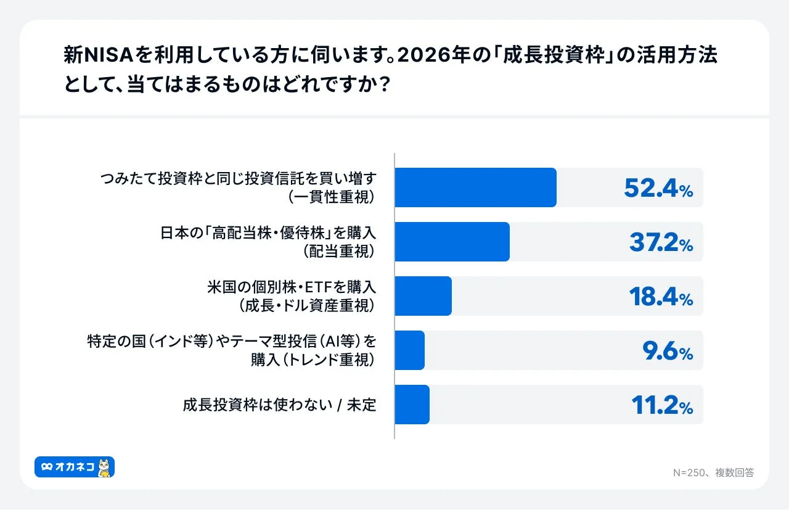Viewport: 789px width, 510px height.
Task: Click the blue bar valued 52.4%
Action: click(x=475, y=187)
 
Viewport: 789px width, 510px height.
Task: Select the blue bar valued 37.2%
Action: click(x=452, y=242)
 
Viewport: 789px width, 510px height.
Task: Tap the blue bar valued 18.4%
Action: click(x=423, y=296)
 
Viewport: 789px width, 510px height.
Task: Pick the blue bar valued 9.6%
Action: click(x=409, y=350)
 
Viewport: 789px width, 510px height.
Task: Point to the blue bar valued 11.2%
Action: click(x=412, y=405)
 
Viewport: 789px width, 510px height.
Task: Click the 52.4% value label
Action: click(x=658, y=188)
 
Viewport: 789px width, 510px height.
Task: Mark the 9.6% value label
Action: click(x=668, y=351)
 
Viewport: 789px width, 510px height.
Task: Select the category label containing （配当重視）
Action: click(x=268, y=242)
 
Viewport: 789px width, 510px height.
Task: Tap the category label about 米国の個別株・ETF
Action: click(x=291, y=296)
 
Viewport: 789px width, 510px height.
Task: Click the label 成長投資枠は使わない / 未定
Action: click(x=279, y=405)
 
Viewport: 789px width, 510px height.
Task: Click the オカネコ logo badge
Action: click(x=74, y=467)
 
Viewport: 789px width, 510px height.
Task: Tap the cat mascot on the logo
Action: click(x=105, y=467)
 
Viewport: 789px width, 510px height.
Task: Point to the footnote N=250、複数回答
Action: click(x=713, y=472)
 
